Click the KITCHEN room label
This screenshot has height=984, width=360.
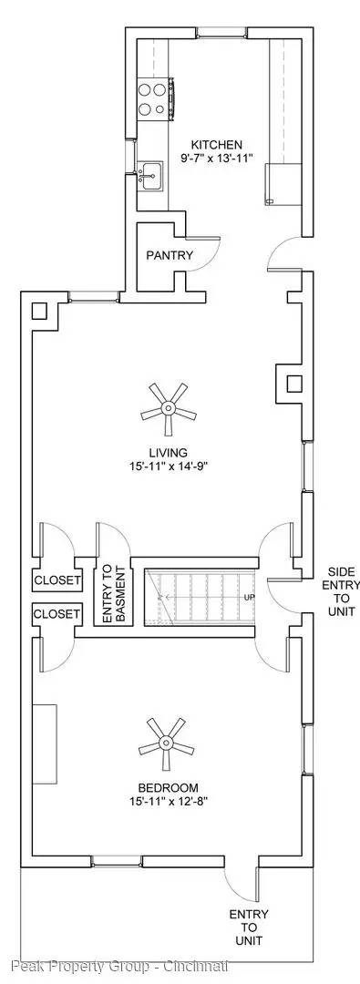[216, 145]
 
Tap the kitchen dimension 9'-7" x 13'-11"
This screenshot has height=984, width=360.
[216, 159]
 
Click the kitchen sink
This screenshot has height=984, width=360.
[150, 173]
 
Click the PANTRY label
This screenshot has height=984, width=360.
[170, 255]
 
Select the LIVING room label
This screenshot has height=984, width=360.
[169, 453]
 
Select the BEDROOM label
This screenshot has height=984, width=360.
[169, 788]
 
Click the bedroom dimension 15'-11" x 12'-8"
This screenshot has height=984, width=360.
[169, 802]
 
